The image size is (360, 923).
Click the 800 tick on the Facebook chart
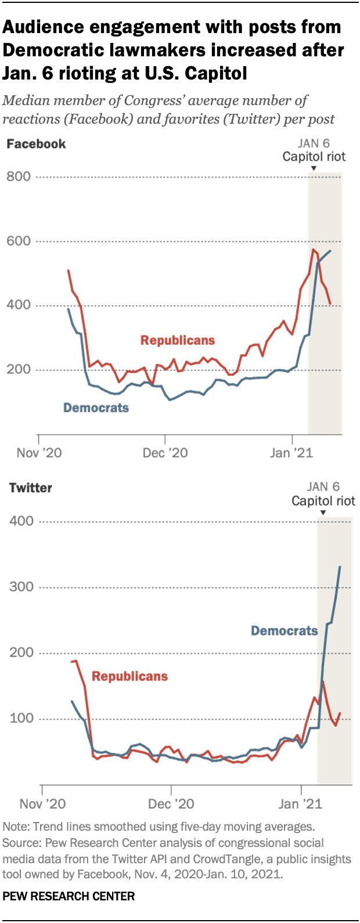[x=19, y=176]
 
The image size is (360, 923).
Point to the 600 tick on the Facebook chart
[x=19, y=241]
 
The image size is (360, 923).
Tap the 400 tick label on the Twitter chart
[x=21, y=521]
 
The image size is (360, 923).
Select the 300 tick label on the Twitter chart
[x=21, y=587]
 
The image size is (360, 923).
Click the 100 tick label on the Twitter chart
[x=21, y=719]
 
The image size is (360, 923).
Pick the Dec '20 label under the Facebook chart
[x=165, y=453]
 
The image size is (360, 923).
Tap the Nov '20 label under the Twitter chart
[x=42, y=803]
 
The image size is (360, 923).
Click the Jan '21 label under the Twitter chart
[x=300, y=803]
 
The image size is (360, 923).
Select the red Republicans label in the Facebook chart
[x=178, y=340]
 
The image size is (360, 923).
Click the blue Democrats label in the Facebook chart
[x=96, y=408]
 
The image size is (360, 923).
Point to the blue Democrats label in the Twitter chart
[x=284, y=630]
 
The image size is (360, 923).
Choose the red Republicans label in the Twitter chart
[x=129, y=676]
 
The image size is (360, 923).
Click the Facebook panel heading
[x=36, y=144]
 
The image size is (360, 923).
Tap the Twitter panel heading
[x=31, y=488]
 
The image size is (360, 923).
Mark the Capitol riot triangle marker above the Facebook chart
[x=314, y=169]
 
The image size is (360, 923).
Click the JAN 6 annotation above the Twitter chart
[x=323, y=486]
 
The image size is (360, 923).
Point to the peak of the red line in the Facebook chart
[x=313, y=250]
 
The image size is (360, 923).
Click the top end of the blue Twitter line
[x=340, y=567]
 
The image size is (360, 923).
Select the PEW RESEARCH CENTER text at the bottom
[x=69, y=896]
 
